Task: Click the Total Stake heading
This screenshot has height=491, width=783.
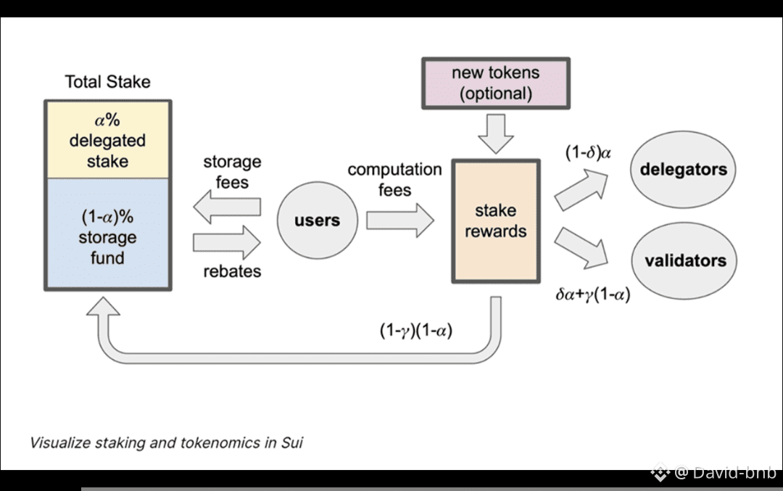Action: click(x=107, y=82)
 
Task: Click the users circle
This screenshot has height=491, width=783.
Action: click(x=317, y=220)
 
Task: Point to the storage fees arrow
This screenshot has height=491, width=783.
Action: click(x=227, y=207)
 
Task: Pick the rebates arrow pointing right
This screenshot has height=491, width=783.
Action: click(x=227, y=242)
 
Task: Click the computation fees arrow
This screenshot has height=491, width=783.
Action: click(x=399, y=220)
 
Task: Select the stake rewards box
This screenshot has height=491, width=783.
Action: click(x=496, y=220)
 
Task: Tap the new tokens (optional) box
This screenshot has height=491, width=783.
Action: click(x=496, y=83)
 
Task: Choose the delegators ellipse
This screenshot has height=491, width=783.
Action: click(x=683, y=170)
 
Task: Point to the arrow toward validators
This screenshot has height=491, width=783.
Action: click(x=580, y=246)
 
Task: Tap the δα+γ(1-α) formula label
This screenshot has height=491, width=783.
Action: click(x=592, y=295)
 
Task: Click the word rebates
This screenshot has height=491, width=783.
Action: click(x=232, y=272)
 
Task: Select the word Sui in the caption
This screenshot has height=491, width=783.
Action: click(x=291, y=442)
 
